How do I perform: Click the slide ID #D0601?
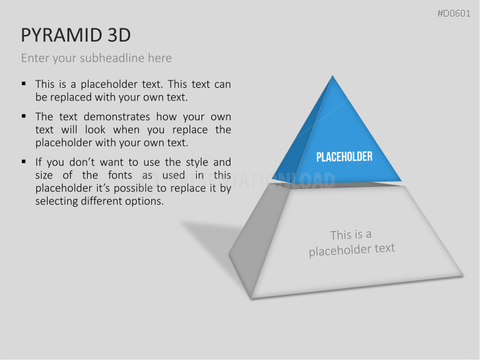pos(454,14)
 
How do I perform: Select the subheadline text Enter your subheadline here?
pos(96,58)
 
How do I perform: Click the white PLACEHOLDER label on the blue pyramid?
pos(344,157)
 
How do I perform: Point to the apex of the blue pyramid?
pos(333,77)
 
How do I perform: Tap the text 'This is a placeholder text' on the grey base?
pos(351,242)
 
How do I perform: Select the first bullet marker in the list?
pos(24,84)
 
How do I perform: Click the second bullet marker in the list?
pos(24,116)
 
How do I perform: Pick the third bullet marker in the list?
pos(24,161)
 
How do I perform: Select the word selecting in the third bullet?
pos(57,201)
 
